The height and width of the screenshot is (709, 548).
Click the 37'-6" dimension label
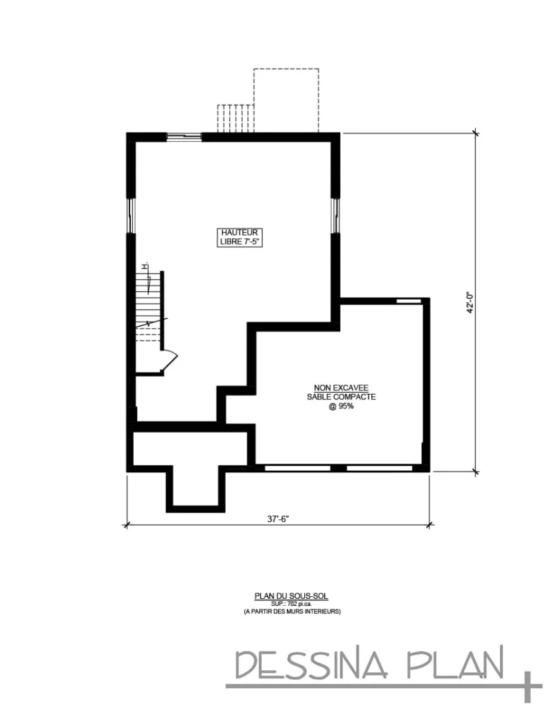278,519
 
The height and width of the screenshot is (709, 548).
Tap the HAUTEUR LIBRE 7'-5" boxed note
240,237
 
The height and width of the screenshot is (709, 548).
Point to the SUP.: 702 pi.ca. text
281,603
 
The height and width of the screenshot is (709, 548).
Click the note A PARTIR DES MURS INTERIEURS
281,611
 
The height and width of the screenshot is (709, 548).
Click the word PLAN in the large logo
454,665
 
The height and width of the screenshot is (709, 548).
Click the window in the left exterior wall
130,217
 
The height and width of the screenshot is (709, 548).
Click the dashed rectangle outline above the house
286,100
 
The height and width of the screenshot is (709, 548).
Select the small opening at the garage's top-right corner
408,301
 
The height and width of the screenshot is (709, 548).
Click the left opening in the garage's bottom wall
298,469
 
